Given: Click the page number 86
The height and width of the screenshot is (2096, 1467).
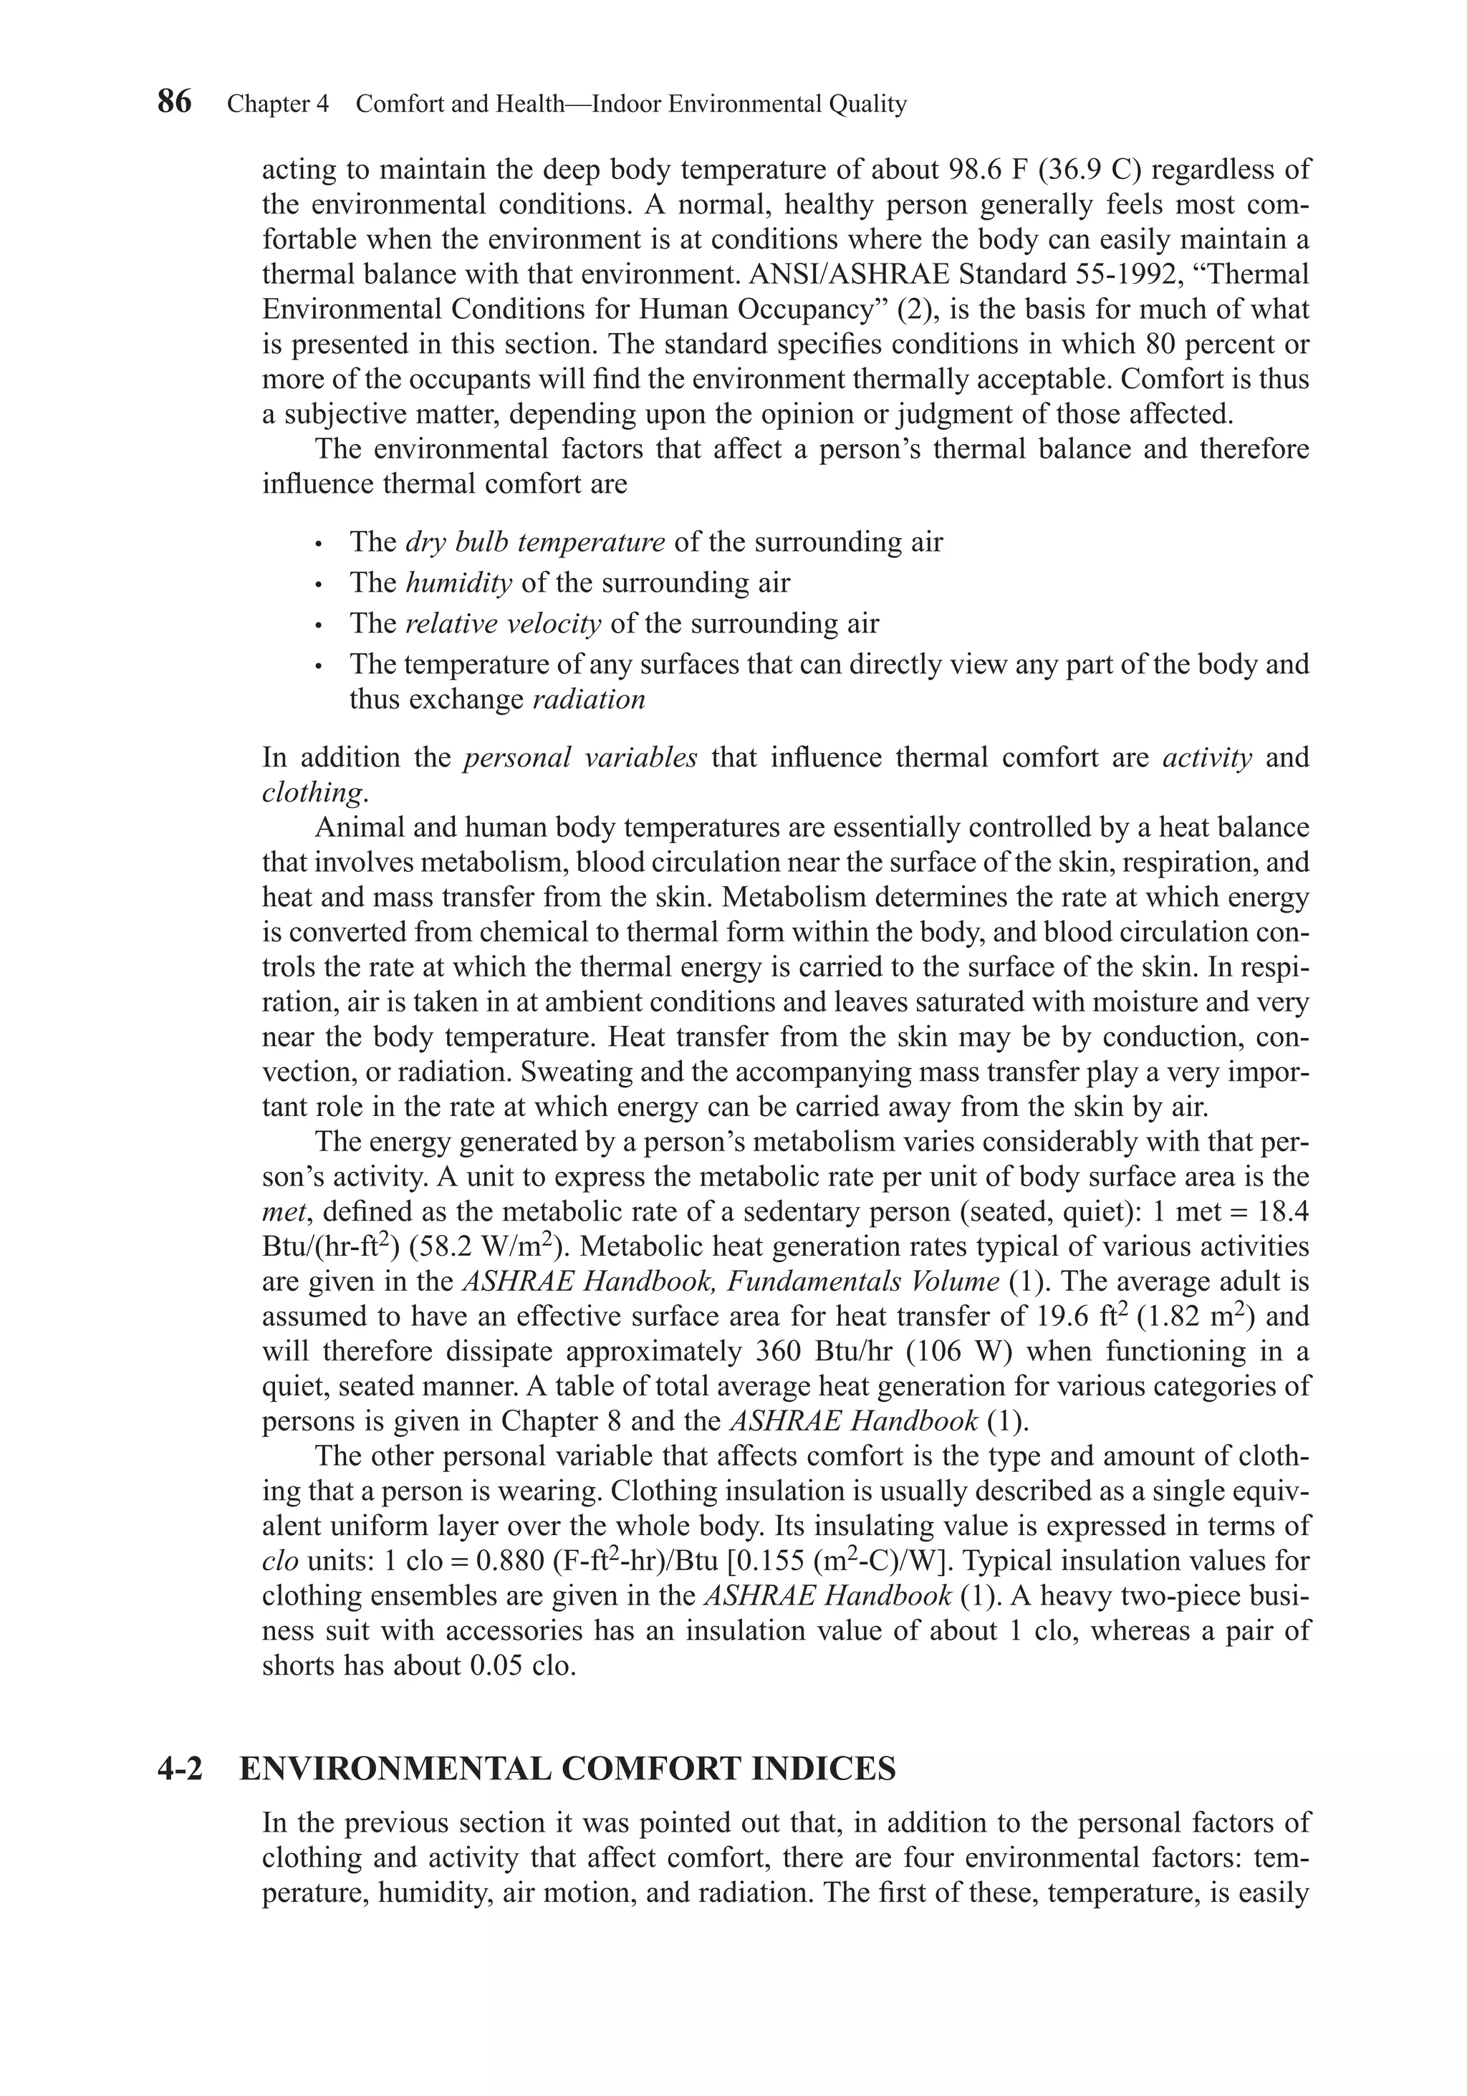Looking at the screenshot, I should tap(174, 102).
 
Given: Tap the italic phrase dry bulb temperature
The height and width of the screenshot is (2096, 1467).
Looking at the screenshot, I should tap(534, 542).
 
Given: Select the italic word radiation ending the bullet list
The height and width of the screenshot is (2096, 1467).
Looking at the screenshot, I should tap(588, 699).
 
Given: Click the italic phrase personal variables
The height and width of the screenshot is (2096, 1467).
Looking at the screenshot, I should tap(581, 758).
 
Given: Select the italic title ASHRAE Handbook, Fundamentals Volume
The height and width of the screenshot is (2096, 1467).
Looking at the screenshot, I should tap(731, 1282).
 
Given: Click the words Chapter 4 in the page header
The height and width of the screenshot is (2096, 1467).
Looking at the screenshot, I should tap(277, 104).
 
